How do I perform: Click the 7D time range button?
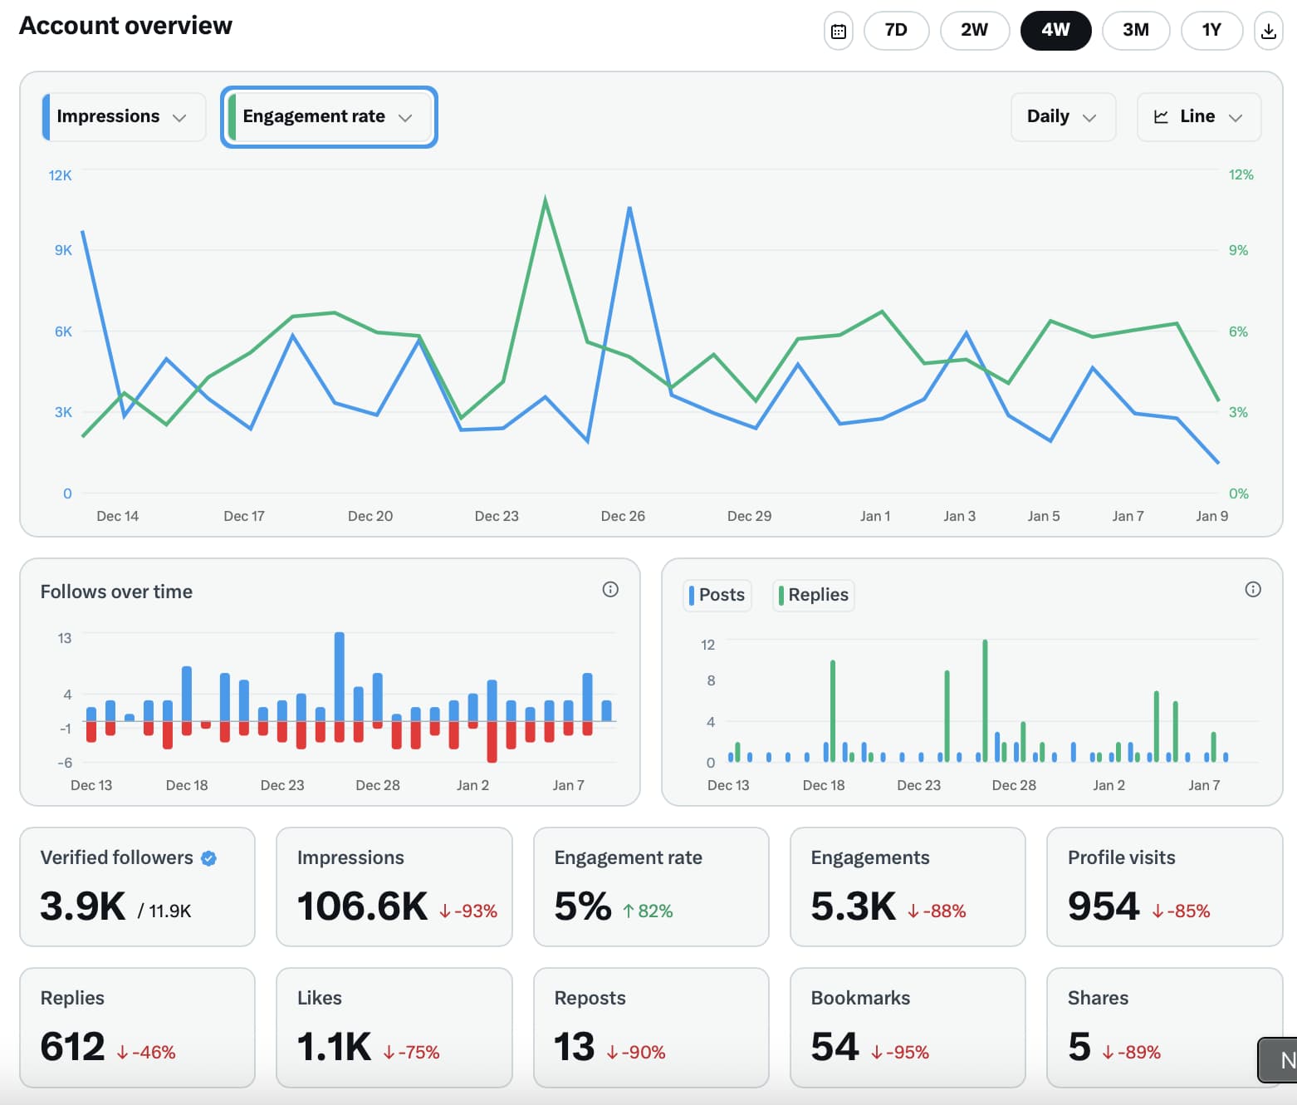click(896, 31)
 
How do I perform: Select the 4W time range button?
click(1055, 31)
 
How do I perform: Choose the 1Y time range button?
click(1211, 31)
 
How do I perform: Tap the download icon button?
click(1268, 32)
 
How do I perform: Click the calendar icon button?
click(839, 32)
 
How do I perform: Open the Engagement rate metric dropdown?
click(329, 117)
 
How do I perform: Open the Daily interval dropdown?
click(1062, 117)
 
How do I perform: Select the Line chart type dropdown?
click(1198, 117)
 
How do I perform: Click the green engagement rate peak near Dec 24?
click(545, 199)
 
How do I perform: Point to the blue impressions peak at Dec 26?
click(629, 209)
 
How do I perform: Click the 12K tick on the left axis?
click(60, 175)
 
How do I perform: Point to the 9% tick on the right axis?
click(1238, 250)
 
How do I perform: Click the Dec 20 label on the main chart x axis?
click(370, 516)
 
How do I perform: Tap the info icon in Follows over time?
click(610, 590)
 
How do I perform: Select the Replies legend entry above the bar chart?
click(813, 595)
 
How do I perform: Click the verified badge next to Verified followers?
click(209, 858)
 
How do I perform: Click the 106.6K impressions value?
click(362, 906)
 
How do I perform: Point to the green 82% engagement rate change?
click(648, 911)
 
